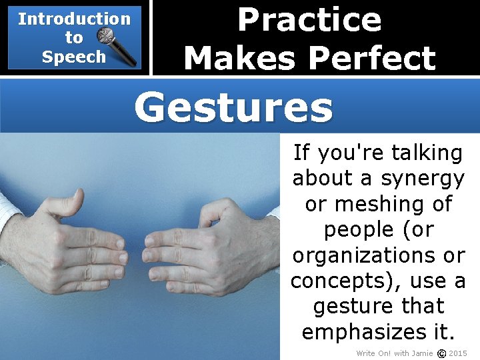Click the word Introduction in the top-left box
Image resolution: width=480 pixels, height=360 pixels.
(74, 19)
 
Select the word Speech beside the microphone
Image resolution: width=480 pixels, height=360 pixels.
(73, 57)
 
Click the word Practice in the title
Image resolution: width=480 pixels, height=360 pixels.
(309, 19)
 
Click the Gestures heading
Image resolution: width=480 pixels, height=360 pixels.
(233, 107)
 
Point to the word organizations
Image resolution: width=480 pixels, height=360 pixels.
(365, 255)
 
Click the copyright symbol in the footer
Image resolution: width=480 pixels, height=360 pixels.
(441, 353)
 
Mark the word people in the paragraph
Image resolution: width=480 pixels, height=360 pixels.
(360, 230)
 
